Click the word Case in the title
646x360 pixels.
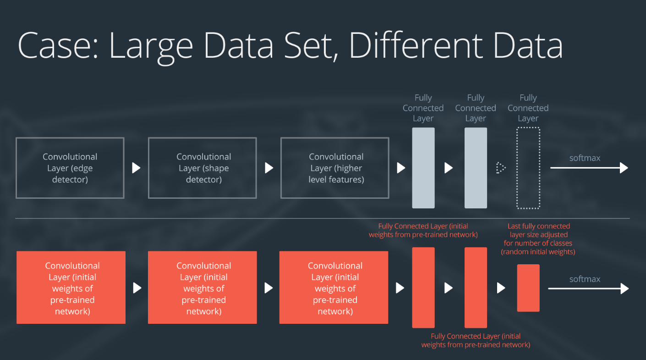point(55,46)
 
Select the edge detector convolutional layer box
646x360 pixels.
point(70,168)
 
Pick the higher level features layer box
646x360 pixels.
point(335,168)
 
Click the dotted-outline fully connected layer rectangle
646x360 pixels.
point(528,168)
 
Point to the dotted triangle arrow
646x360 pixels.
point(500,168)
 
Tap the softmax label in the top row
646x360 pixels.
point(585,158)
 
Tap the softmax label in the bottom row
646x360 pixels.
point(585,279)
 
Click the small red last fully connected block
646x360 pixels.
point(528,288)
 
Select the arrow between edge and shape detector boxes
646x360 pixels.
point(136,168)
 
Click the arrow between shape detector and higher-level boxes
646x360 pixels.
point(269,168)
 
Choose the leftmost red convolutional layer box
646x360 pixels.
point(71,288)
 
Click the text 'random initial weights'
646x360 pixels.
point(538,252)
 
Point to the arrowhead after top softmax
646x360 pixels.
point(624,168)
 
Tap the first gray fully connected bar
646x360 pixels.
point(423,168)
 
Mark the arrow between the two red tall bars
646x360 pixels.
point(449,288)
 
